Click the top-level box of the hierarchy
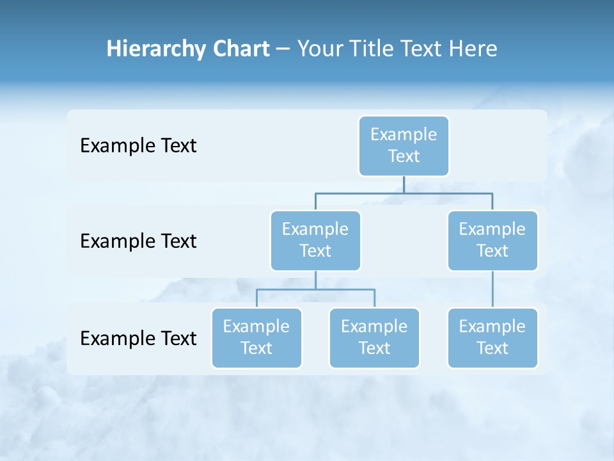coord(404,145)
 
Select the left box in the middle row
coord(315,240)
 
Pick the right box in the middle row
coord(492,240)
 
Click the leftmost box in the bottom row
coord(256,337)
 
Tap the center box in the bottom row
coord(374,337)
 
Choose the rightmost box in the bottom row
coord(492,337)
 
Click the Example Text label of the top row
coord(138,146)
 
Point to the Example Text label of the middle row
coord(138,241)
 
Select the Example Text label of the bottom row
coord(138,338)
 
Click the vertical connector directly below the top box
coord(404,184)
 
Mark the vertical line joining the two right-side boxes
coord(492,289)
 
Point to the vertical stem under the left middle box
coord(315,280)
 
